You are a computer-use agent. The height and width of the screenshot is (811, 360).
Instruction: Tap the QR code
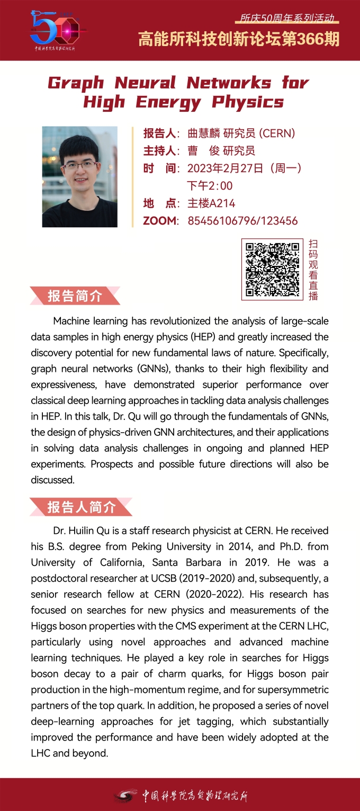[x=273, y=270]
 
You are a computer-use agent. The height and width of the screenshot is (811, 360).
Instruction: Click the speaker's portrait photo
[x=80, y=176]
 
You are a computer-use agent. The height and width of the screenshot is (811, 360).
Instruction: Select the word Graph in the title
[x=76, y=83]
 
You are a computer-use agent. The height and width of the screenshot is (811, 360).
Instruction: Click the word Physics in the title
[x=248, y=102]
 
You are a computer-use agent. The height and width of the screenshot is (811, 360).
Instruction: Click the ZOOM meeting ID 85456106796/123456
[x=242, y=221]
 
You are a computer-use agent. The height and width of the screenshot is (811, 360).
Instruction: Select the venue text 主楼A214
[x=211, y=203]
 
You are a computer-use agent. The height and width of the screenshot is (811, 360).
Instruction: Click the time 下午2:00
[x=210, y=186]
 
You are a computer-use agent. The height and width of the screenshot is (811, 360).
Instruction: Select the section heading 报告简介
[x=75, y=296]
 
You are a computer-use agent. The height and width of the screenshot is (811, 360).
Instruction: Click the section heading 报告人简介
[x=81, y=507]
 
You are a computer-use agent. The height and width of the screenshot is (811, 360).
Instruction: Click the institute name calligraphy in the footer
[x=194, y=795]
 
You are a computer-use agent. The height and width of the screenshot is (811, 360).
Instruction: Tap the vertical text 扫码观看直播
[x=313, y=270]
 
